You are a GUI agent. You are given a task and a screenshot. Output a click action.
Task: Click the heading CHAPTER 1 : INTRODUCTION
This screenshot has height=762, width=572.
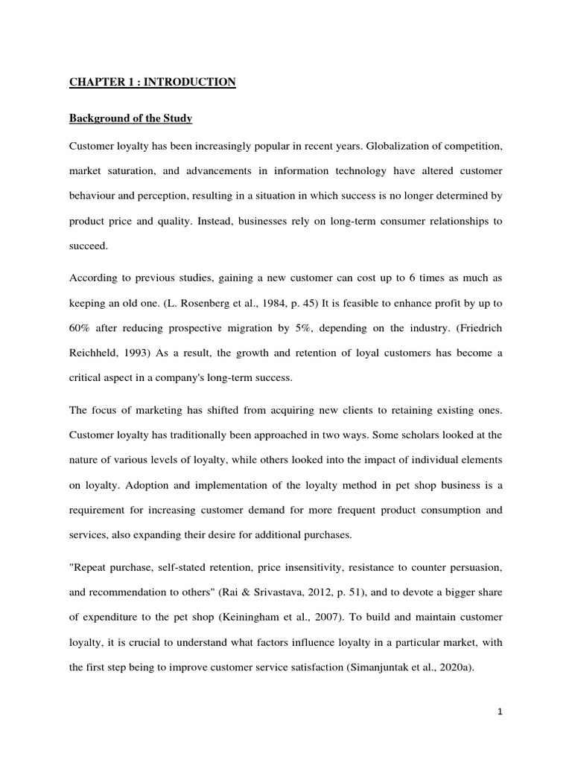pyautogui.click(x=153, y=83)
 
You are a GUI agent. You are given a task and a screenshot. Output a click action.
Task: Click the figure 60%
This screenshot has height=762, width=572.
pyautogui.click(x=81, y=328)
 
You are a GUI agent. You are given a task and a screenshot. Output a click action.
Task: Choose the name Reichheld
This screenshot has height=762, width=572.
pyautogui.click(x=95, y=353)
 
